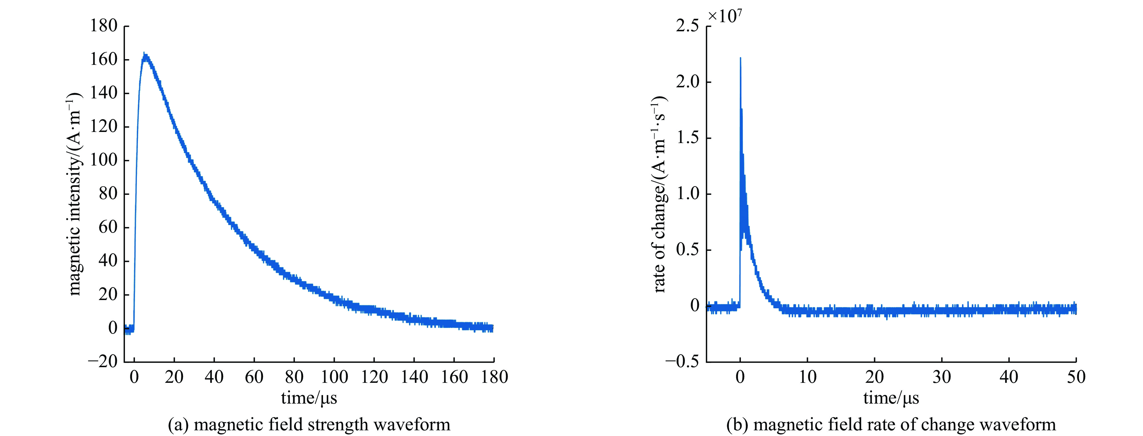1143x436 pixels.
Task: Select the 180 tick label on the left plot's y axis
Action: point(104,26)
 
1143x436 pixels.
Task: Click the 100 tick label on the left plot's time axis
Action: point(334,377)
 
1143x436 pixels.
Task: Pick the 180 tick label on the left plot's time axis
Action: point(494,377)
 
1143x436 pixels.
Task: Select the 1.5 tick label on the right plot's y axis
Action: point(687,138)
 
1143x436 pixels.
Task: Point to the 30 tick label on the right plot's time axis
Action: point(941,377)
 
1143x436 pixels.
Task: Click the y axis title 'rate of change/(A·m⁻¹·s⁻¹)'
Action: point(660,194)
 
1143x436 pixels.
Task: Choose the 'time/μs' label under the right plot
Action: point(891,398)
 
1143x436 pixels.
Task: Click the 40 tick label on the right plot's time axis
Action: point(1009,377)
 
